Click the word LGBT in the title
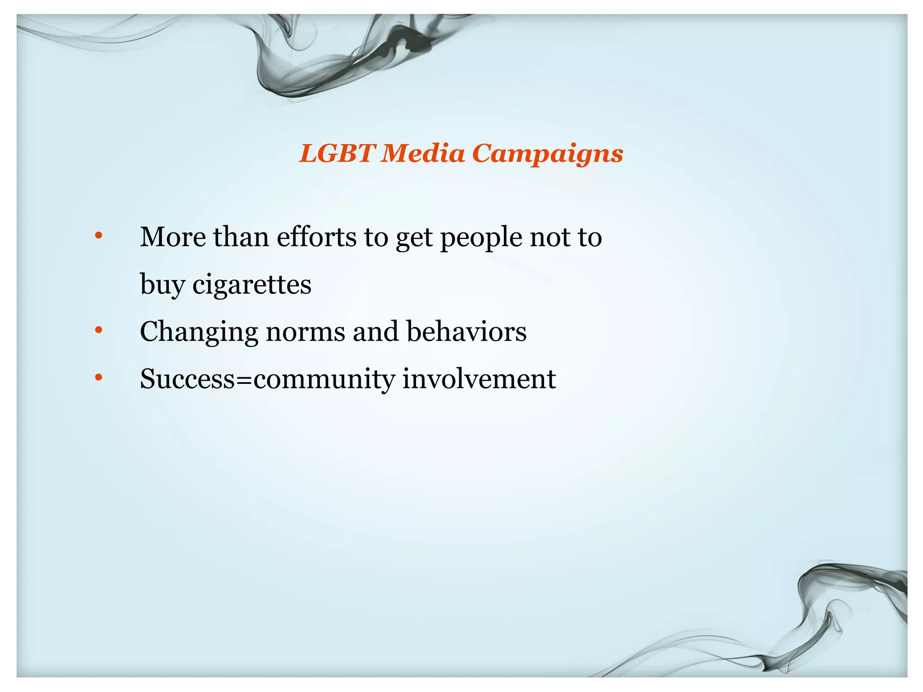click(x=337, y=154)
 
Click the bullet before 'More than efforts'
click(x=99, y=236)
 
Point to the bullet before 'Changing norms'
click(x=99, y=330)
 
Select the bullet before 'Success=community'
click(x=99, y=378)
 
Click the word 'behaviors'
click(x=466, y=332)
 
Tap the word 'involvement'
click(x=479, y=379)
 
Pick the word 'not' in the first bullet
click(x=548, y=237)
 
